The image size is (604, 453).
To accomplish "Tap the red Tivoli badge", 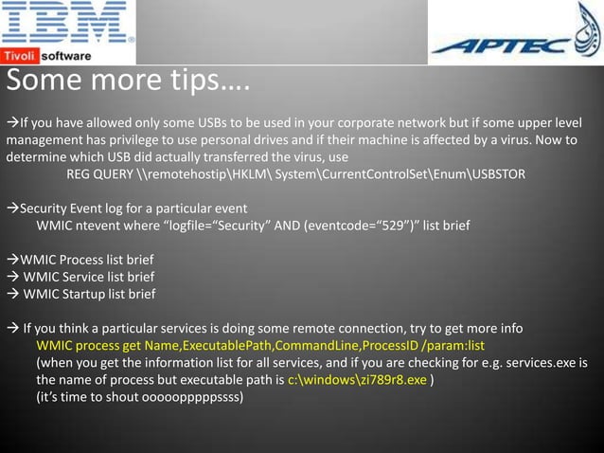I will pyautogui.click(x=20, y=56).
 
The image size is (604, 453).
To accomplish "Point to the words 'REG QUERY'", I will pyautogui.click(x=102, y=174).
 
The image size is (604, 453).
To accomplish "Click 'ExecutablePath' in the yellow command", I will pyautogui.click(x=225, y=346).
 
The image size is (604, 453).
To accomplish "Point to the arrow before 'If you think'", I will pyautogui.click(x=13, y=329).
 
